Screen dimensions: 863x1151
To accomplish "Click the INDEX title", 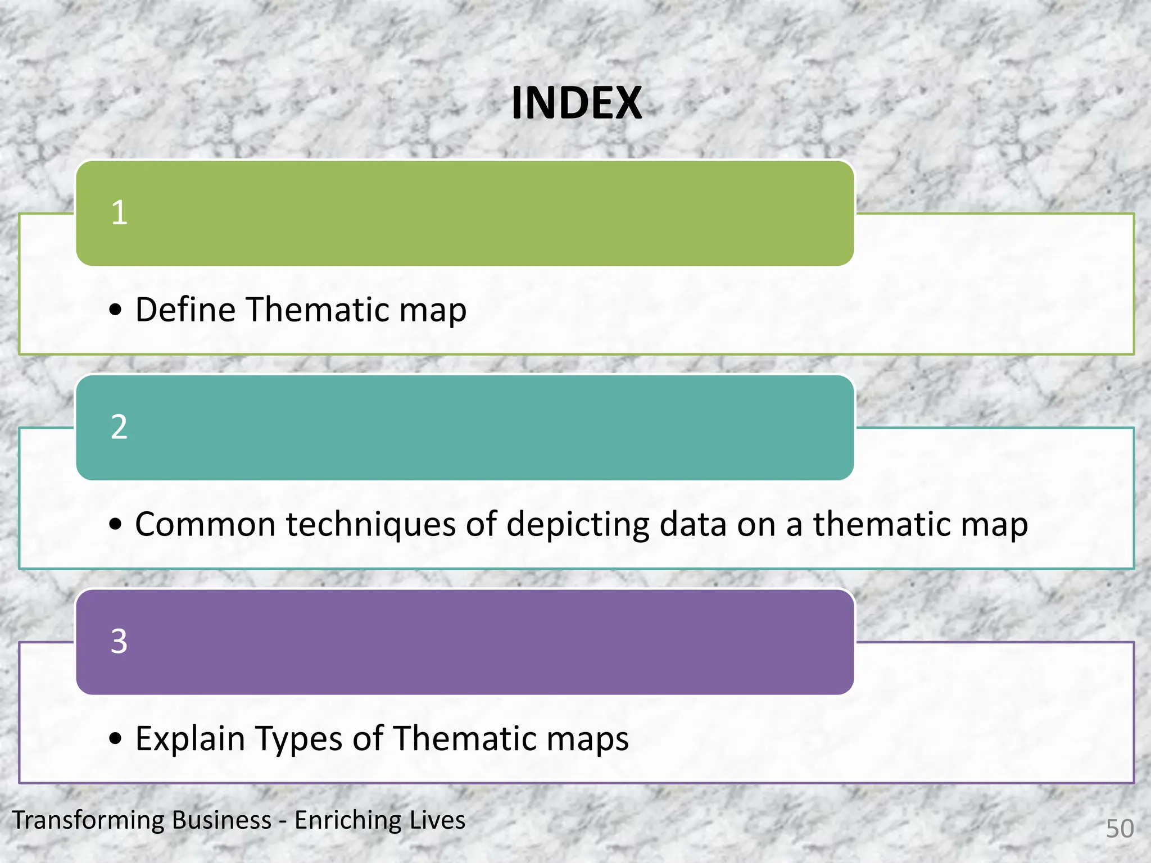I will pos(576,104).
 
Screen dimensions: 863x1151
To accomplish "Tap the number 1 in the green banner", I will pos(119,213).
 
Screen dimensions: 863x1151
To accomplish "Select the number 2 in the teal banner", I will pos(119,427).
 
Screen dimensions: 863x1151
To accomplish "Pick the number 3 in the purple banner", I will pos(119,641).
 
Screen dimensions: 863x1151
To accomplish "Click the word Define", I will pos(186,310).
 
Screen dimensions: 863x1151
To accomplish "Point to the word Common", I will pos(205,524).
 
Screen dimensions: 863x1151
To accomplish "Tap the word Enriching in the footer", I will pos(346,820).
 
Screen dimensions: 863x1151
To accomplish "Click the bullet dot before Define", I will pos(116,310).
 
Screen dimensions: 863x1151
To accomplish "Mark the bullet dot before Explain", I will pos(116,738).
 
